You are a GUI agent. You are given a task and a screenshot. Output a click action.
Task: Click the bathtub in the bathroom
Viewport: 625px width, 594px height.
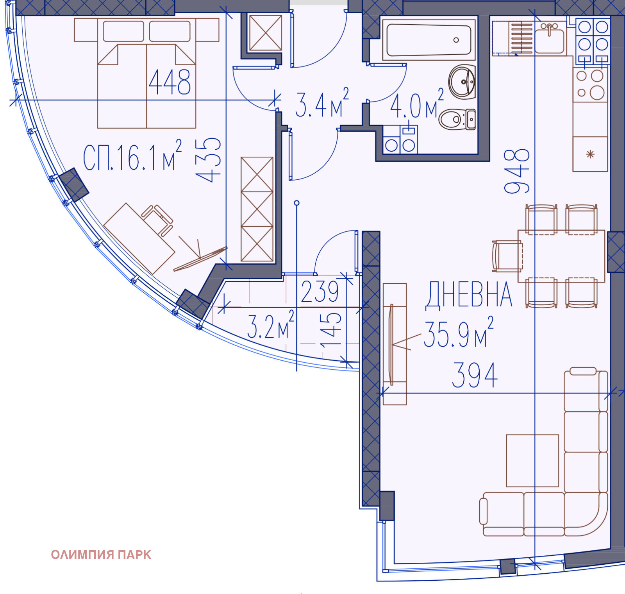pos(429,40)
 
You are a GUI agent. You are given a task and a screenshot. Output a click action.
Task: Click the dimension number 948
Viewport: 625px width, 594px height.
pos(517,171)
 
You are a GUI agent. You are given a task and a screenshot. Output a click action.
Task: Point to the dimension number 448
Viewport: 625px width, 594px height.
pos(170,82)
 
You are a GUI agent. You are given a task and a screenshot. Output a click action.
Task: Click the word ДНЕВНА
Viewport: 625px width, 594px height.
pos(468,295)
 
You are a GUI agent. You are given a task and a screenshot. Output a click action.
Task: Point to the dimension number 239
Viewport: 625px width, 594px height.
pos(320,292)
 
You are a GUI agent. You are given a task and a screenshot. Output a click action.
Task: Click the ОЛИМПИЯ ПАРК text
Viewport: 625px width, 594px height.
pos(101,555)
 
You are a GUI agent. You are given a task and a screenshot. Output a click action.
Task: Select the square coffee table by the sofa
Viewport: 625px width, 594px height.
pos(532,460)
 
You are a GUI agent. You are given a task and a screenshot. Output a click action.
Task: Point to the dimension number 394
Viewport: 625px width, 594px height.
pos(475,376)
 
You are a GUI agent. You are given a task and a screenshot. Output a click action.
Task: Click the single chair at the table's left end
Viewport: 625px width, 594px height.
pos(507,256)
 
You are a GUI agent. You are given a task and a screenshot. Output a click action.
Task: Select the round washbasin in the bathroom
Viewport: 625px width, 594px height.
pos(462,82)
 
